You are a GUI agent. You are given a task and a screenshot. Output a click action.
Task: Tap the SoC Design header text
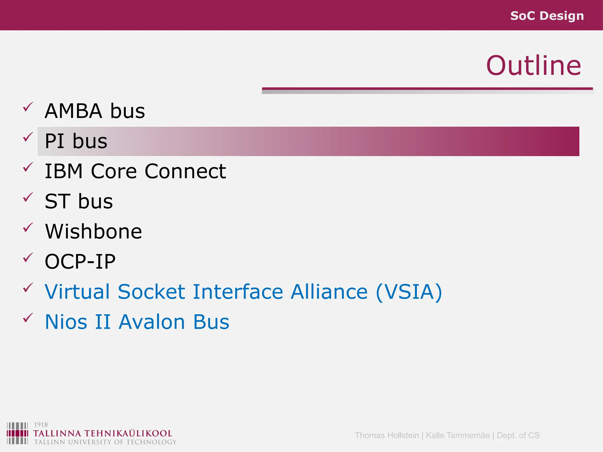point(547,16)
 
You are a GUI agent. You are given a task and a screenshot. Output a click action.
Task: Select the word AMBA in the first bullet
point(73,111)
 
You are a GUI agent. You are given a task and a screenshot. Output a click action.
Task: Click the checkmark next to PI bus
point(28,137)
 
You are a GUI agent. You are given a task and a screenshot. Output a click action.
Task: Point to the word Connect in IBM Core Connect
point(185,171)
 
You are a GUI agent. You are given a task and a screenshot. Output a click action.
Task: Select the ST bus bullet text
point(79,202)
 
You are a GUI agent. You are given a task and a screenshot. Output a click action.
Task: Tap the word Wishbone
point(93,232)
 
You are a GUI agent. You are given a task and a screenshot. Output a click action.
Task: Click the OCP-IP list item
point(80,262)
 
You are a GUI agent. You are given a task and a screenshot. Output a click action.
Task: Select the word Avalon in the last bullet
point(152,322)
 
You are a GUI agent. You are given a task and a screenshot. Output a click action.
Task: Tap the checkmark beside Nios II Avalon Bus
point(28,318)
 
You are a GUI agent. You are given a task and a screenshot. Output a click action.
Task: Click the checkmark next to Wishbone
point(28,227)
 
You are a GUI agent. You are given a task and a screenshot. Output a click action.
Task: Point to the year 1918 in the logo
point(41,425)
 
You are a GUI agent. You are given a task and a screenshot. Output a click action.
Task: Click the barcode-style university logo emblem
point(17,433)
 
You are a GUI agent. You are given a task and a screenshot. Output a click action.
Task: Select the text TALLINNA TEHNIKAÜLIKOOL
point(102,433)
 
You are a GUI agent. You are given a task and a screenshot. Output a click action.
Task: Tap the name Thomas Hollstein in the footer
point(387,435)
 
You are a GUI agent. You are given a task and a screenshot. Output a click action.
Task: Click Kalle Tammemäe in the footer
point(458,435)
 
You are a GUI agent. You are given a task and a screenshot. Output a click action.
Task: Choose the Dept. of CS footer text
point(518,435)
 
